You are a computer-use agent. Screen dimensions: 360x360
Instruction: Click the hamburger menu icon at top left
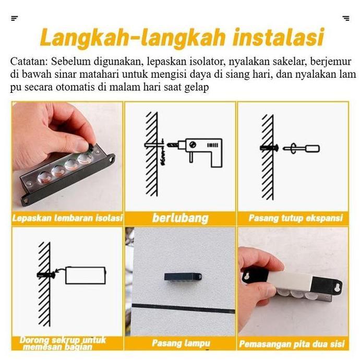point(14,18)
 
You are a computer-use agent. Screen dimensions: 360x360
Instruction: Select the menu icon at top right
point(346,18)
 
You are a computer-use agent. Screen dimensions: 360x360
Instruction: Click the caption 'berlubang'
point(180,218)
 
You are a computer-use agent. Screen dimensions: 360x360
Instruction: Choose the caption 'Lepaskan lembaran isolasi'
point(67,218)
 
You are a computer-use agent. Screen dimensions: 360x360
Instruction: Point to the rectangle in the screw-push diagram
point(85,275)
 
